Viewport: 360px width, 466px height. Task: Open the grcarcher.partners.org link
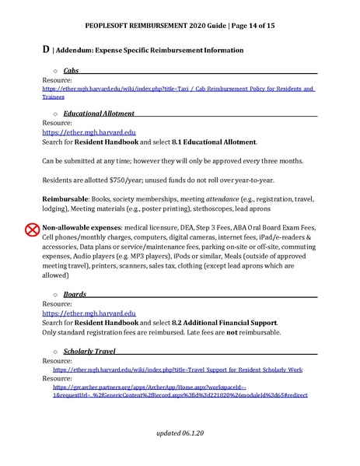coord(180,390)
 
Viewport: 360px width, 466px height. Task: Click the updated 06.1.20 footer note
coord(180,431)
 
